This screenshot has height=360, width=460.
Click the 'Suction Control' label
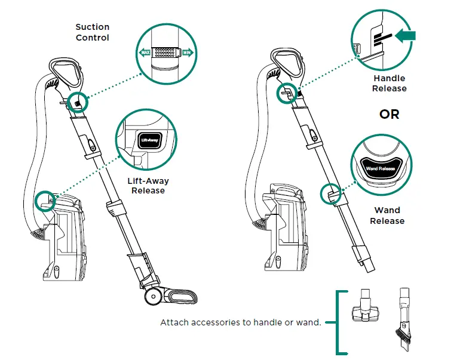pos(92,32)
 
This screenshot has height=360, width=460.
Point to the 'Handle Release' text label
pos(389,83)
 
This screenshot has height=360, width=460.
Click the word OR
pos(389,113)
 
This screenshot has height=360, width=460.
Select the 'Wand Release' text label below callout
pos(387,216)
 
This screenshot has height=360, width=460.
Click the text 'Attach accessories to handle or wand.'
pos(241,322)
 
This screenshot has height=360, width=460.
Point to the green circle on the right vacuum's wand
pos(329,193)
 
